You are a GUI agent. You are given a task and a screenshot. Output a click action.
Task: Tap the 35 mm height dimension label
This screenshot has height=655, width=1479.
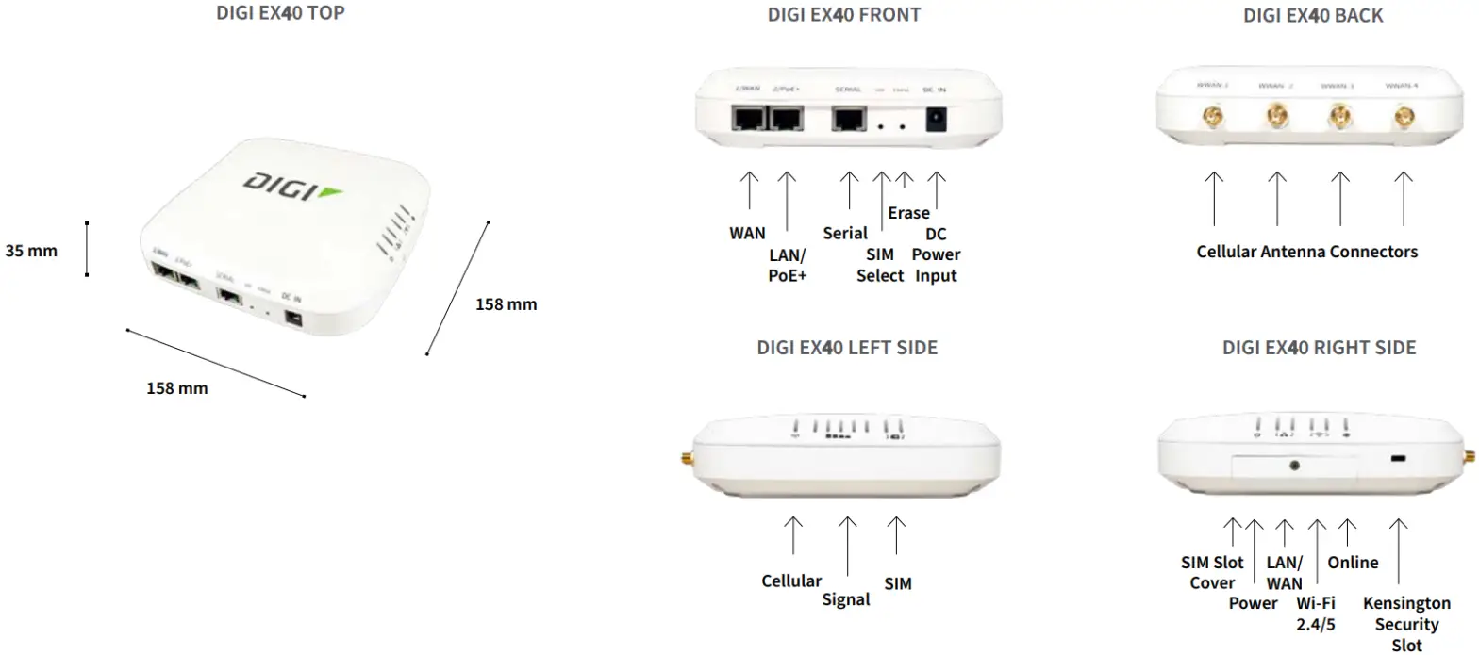(31, 251)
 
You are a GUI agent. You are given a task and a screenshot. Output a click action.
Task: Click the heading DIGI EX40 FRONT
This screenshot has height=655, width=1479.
(843, 15)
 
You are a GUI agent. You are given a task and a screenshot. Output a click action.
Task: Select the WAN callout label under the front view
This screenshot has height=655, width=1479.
(747, 233)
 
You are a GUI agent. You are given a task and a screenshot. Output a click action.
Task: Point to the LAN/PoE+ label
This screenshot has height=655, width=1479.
(789, 265)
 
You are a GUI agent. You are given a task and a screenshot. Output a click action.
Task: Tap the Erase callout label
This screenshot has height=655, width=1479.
(908, 213)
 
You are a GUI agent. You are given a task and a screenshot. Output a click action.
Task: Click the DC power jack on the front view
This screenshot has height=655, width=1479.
(937, 120)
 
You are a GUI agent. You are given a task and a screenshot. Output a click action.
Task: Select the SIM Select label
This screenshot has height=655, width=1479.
(880, 265)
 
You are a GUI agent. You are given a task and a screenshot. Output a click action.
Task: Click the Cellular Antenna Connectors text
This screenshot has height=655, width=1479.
(1306, 252)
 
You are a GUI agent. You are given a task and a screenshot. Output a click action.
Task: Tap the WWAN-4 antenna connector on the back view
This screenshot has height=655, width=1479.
(1403, 118)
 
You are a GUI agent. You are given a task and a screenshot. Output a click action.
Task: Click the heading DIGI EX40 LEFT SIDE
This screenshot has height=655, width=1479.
(847, 348)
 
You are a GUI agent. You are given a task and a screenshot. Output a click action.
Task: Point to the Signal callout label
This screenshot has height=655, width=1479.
(845, 599)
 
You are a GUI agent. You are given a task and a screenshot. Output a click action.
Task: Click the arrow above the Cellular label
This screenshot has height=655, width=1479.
(794, 534)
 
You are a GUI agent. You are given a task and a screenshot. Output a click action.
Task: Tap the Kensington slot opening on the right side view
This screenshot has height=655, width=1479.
(1398, 459)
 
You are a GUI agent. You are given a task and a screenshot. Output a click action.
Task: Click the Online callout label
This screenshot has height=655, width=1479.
(1353, 563)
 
